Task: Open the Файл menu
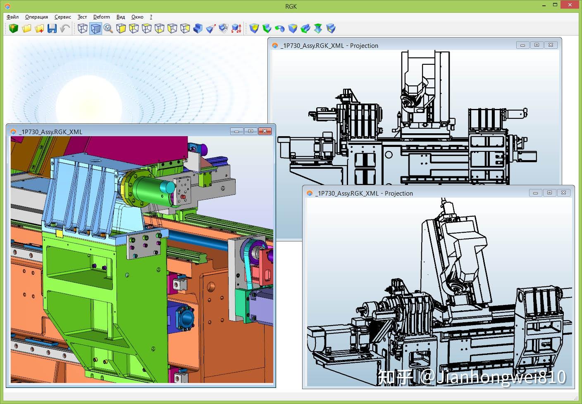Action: point(12,17)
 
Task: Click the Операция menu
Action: point(36,17)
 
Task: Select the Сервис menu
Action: point(62,17)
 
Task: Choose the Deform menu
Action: point(101,17)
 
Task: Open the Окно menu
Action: point(137,17)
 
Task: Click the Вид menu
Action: point(120,17)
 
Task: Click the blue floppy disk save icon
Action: point(52,28)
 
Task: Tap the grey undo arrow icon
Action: point(65,28)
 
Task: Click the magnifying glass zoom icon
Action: point(108,28)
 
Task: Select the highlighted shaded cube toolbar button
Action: point(95,28)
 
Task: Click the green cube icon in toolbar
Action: point(14,28)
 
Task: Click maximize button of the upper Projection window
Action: point(537,45)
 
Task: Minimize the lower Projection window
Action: point(535,193)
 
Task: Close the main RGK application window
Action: point(572,5)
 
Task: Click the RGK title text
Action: point(291,6)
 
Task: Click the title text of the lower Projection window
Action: point(364,193)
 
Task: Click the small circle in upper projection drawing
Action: point(389,155)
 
